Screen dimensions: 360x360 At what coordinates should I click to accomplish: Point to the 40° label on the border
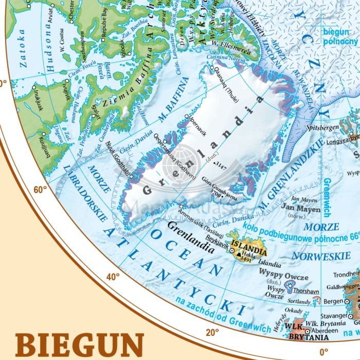pyautogui.click(x=113, y=276)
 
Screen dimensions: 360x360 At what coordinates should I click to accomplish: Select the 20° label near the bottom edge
pyautogui.click(x=212, y=332)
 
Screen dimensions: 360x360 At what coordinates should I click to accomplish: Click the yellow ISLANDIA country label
pyautogui.click(x=249, y=251)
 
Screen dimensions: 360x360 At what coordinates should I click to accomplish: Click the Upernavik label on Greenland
pyautogui.click(x=199, y=129)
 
